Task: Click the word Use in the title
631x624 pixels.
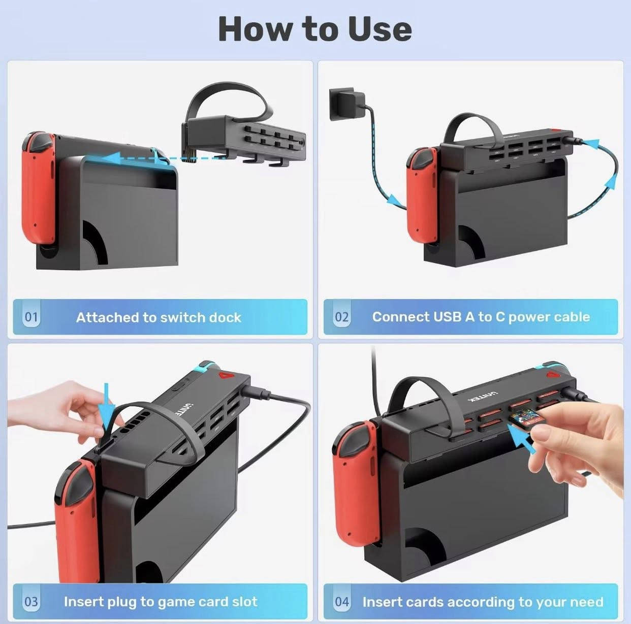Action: pyautogui.click(x=380, y=29)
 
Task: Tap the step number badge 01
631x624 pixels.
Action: pyautogui.click(x=31, y=317)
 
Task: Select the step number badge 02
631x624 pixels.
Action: pyautogui.click(x=342, y=317)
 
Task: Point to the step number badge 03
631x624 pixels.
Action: pyautogui.click(x=31, y=602)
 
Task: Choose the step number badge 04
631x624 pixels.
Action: pyautogui.click(x=342, y=602)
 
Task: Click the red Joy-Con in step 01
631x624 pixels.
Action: pyautogui.click(x=41, y=188)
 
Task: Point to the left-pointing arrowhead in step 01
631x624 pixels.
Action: pyautogui.click(x=111, y=158)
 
